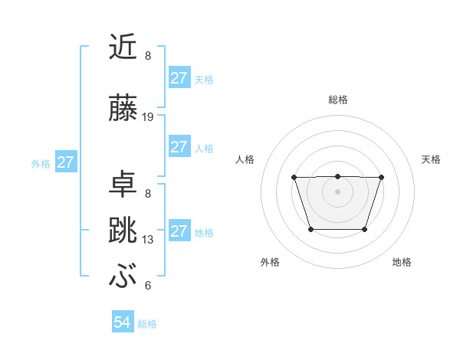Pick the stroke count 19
[x=148, y=117]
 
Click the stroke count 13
[x=148, y=240]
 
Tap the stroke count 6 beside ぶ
[x=148, y=286]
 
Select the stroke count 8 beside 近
[x=148, y=56]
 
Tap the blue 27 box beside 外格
[x=66, y=162]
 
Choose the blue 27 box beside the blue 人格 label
[x=179, y=148]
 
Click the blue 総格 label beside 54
[x=147, y=324]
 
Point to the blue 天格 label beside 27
[x=204, y=80]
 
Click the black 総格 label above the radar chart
[x=338, y=100]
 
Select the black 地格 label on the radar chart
[x=402, y=262]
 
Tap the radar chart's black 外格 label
[x=270, y=262]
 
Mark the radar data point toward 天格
[x=381, y=178]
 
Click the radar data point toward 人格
[x=294, y=178]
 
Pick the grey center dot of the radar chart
[x=337, y=191]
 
